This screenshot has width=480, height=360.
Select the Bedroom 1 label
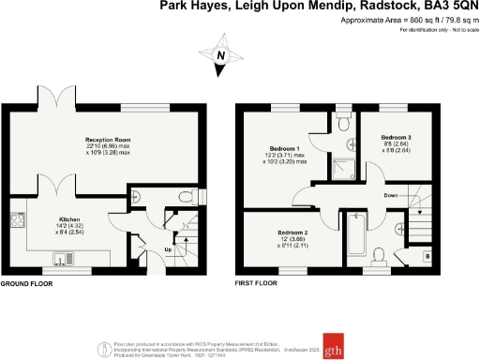point(284,150)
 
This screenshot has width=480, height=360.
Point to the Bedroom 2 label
point(293,232)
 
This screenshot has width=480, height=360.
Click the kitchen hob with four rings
point(17,221)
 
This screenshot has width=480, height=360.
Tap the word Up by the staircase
point(168,250)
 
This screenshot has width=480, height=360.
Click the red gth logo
point(333,341)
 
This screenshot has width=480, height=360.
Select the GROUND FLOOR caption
point(25,282)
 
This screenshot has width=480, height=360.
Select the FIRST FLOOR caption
point(258,282)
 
